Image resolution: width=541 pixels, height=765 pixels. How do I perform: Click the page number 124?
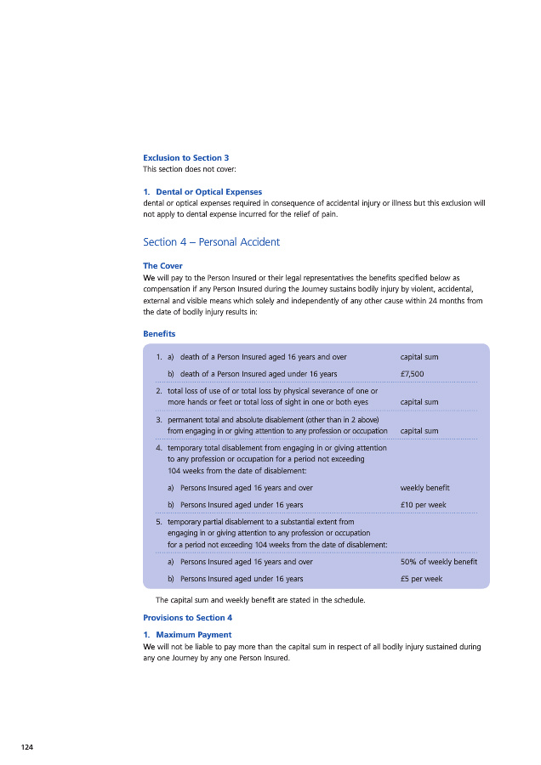coord(27,746)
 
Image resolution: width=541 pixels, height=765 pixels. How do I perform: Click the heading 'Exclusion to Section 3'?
coord(185,157)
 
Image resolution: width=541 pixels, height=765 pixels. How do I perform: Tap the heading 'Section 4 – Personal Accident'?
coord(211,242)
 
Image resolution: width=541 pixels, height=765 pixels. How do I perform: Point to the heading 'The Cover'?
coord(162,266)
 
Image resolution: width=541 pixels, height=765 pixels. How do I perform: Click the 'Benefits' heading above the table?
coord(159,334)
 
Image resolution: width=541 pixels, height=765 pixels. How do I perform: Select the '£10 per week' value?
coord(423,505)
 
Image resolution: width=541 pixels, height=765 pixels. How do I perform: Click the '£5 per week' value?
coord(421,579)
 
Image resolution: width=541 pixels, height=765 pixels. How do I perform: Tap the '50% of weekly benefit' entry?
coord(438,562)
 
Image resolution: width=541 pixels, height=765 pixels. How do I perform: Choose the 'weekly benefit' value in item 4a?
coord(424,488)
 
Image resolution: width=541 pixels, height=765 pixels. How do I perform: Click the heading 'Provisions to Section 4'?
coord(187,618)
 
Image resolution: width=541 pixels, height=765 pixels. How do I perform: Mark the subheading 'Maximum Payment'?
coord(193,635)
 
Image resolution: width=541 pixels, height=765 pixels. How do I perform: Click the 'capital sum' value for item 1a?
coord(419,357)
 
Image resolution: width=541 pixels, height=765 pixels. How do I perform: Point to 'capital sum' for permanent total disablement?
coord(419,431)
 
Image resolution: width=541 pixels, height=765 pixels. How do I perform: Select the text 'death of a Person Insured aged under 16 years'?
coord(259,373)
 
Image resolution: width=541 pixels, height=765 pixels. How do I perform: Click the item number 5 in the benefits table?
coord(159,522)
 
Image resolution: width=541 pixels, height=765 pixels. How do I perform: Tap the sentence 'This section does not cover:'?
coord(183,169)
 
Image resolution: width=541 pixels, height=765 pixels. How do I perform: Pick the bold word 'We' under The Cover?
coord(149,277)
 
